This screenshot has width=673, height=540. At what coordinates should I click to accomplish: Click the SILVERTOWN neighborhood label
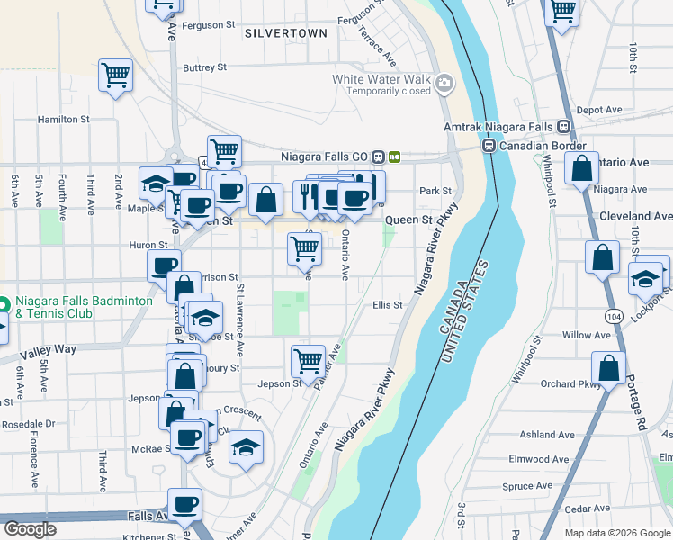[x=285, y=33]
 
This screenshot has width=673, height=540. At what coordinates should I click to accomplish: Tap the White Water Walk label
[x=381, y=79]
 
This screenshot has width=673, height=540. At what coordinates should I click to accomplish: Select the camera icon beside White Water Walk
[x=444, y=85]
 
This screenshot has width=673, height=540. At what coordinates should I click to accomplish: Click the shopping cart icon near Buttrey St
[x=116, y=76]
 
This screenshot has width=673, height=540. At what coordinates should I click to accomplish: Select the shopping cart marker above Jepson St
[x=308, y=361]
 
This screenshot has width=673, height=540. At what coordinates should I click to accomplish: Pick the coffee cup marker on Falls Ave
[x=186, y=505]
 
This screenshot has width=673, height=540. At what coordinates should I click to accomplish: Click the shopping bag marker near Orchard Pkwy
[x=609, y=367]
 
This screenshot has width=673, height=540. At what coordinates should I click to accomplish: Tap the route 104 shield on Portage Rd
[x=615, y=317]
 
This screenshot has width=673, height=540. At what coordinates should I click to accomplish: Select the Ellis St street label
[x=387, y=305]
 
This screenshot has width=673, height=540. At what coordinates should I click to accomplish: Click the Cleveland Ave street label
[x=635, y=217]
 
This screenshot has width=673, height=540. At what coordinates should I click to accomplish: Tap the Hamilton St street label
[x=63, y=119]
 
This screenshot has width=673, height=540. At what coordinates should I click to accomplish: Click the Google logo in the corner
[x=31, y=529]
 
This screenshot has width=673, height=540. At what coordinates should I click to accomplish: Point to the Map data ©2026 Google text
[x=617, y=533]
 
